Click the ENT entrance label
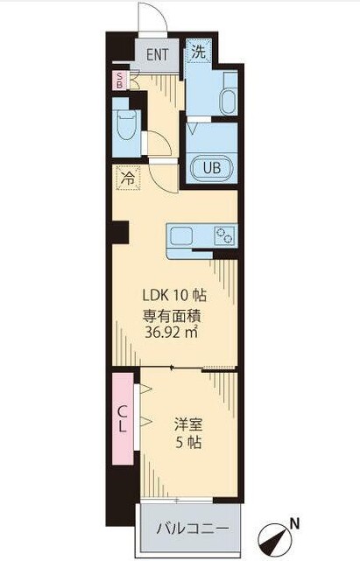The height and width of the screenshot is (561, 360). [158, 55]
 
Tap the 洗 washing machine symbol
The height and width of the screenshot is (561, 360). [199, 51]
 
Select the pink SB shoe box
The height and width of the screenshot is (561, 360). [120, 81]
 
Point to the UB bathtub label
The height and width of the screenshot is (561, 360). [212, 167]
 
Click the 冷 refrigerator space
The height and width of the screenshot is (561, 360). [128, 178]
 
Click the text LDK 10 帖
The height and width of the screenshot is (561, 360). [174, 295]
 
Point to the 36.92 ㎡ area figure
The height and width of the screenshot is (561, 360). [172, 333]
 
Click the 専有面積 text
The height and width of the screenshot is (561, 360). [172, 315]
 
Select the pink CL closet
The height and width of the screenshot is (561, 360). [123, 418]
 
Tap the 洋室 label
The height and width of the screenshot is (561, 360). [188, 425]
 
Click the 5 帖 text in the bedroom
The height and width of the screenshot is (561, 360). [188, 443]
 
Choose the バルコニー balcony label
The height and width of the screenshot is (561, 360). [193, 529]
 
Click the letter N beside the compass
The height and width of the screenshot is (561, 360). [294, 524]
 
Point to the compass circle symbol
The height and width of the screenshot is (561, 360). [273, 539]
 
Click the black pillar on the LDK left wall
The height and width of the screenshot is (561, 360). [120, 232]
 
